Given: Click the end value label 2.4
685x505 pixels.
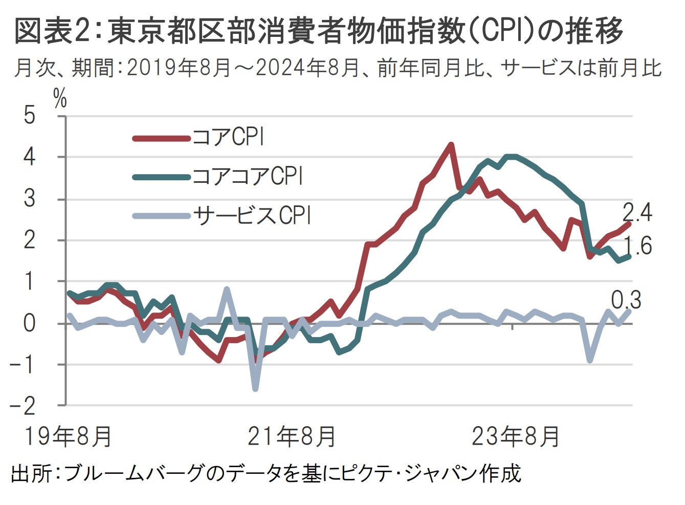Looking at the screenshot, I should pos(637,213).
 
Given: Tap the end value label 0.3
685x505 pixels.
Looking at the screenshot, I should pos(626,301).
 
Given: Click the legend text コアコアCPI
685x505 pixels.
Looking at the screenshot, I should pos(248,177).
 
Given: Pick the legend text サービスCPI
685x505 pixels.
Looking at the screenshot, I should pos(252,216).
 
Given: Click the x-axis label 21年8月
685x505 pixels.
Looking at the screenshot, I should pos(292,437).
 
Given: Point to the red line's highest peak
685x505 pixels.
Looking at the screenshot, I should pos(451,144).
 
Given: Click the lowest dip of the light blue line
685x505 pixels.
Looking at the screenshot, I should pos(255,389).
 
